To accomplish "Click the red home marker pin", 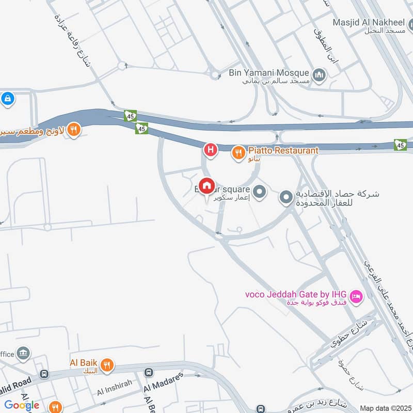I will pyautogui.click(x=206, y=186).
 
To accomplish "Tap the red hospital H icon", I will pyautogui.click(x=210, y=150).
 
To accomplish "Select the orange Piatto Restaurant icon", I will pyautogui.click(x=238, y=152).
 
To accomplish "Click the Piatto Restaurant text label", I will pyautogui.click(x=283, y=150).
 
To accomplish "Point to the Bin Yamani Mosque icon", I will pyautogui.click(x=320, y=74).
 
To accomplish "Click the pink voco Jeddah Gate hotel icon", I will pyautogui.click(x=356, y=296).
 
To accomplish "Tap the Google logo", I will pyautogui.click(x=22, y=405).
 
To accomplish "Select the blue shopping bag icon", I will pyautogui.click(x=7, y=98).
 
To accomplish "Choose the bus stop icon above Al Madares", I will pyautogui.click(x=149, y=372).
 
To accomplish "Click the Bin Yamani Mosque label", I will pyautogui.click(x=269, y=73).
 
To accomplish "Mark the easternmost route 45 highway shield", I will pyautogui.click(x=400, y=145).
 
